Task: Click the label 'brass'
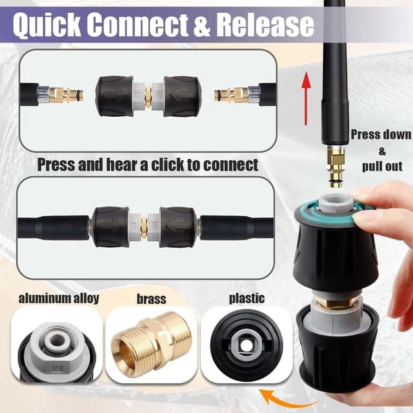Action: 152,299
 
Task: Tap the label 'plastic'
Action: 247,299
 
